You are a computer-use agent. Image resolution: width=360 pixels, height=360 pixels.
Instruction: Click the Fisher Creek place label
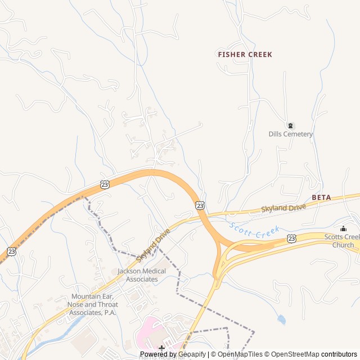pos(245,55)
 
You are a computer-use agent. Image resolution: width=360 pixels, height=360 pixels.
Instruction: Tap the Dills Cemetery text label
pos(290,134)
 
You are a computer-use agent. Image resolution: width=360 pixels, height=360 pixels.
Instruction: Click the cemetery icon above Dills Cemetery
pos(290,125)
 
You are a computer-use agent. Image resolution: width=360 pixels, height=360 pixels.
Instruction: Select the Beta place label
pos(321,198)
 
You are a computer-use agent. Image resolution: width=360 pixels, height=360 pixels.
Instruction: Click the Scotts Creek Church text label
pos(343,241)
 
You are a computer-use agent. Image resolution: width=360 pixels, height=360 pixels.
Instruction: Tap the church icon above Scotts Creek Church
pos(343,228)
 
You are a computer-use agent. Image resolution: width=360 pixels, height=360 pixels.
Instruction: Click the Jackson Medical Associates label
pos(142,275)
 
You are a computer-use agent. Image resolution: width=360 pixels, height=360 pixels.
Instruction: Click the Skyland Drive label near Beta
pos(283,208)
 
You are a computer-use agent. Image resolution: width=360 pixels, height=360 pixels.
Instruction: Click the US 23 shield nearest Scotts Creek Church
pos(291,238)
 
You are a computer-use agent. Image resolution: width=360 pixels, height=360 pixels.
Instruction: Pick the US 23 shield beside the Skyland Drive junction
pos(200,205)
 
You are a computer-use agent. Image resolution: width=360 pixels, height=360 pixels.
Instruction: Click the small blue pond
pos(281,319)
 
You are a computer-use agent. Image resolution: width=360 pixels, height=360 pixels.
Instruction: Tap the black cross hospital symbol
pos(161,348)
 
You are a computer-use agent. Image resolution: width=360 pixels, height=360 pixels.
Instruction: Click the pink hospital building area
pos(147,332)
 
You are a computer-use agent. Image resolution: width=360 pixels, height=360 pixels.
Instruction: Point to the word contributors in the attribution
pos(339,354)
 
